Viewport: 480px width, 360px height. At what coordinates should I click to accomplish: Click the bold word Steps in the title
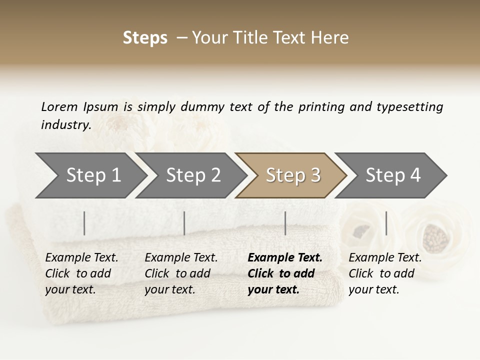(x=145, y=38)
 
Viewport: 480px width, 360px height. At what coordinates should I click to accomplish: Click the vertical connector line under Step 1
(x=84, y=223)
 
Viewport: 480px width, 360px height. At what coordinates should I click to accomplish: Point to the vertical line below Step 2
(x=184, y=223)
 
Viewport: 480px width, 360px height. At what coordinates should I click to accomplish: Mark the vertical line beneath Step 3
(x=285, y=223)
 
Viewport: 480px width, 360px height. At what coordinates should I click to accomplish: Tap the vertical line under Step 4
(x=386, y=223)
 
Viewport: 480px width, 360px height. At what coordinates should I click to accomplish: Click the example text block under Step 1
(x=81, y=273)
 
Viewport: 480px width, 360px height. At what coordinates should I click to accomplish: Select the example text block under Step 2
(x=181, y=273)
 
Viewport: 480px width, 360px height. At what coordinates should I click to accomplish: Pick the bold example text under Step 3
(x=285, y=273)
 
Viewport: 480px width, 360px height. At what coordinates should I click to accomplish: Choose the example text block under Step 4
(x=385, y=273)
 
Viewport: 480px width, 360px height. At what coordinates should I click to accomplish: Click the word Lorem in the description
(x=59, y=106)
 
